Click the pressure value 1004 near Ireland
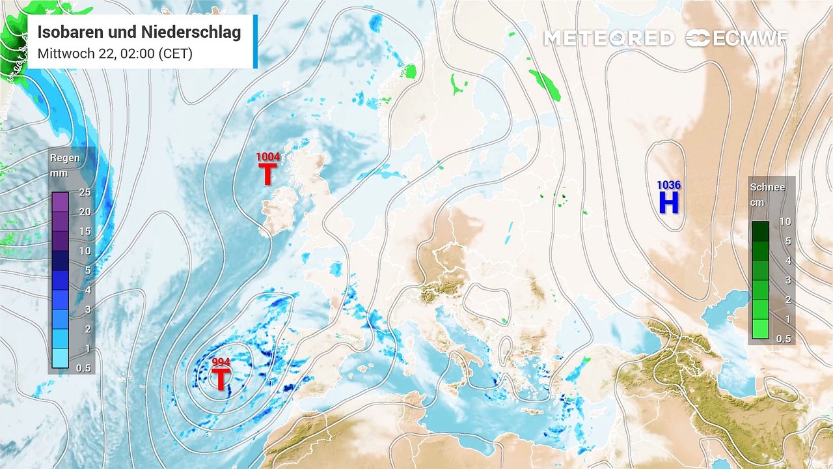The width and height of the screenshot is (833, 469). pos(267,156)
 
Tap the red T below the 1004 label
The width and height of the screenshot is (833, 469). pos(267,174)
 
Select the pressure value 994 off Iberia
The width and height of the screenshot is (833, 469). pos(221,362)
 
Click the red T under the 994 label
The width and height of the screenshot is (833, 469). pos(221,379)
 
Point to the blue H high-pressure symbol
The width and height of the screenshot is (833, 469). pos(668,203)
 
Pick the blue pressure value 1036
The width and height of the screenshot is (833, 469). pos(668,185)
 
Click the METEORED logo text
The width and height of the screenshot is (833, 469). pos(608,38)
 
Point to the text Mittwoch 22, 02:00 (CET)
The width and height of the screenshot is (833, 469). pos(115,54)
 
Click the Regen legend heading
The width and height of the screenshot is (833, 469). pos(65,158)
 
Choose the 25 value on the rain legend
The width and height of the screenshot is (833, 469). pos(85,192)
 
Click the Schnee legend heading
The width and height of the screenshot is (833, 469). pos(767,187)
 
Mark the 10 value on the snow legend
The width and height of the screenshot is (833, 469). pos(785,221)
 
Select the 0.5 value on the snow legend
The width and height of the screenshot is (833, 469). pos(785,339)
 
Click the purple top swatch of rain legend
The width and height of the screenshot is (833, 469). pos(60,202)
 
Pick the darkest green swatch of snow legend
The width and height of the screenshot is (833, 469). pos(760,231)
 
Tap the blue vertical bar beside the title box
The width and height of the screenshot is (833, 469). pos(255,42)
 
